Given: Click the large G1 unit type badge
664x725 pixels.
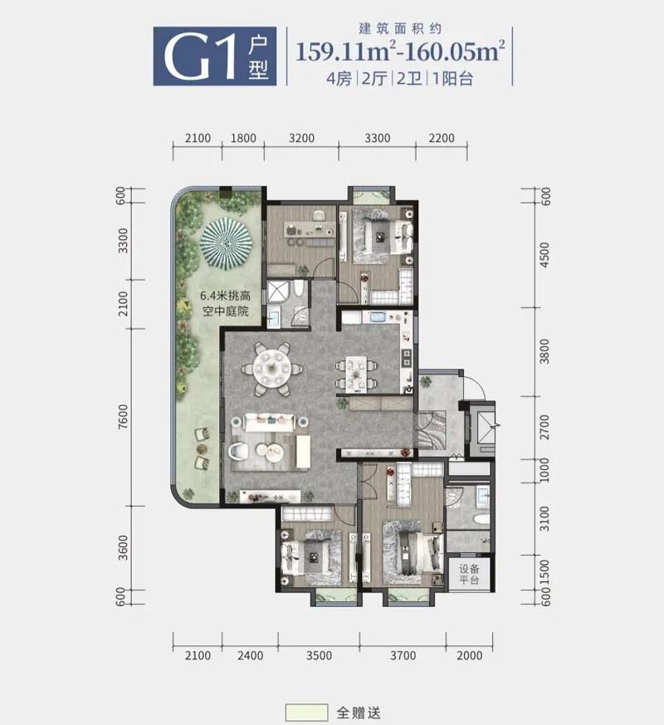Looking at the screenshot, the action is tap(215, 56).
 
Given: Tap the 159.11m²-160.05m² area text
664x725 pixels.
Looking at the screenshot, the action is tap(400, 51).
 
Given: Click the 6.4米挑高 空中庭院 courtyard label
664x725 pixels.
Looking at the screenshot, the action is tap(225, 303).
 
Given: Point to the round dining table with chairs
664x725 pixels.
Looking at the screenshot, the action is tap(272, 368).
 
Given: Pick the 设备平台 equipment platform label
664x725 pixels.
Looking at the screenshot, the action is tap(469, 574).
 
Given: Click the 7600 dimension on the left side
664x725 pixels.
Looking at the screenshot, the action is tap(123, 417).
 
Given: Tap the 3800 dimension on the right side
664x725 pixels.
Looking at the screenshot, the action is tap(544, 351).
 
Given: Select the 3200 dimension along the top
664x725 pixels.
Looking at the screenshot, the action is tap(301, 138).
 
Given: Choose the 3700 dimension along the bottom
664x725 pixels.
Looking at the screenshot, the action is tap(403, 655).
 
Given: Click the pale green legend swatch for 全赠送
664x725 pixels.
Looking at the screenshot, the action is tap(307, 713).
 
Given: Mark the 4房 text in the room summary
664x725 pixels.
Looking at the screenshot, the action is tap(339, 79).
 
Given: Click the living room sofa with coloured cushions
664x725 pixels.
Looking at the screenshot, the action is tap(270, 422).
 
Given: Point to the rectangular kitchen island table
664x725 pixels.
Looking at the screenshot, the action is tap(356, 373).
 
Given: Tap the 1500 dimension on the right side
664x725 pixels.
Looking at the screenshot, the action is tap(544, 571).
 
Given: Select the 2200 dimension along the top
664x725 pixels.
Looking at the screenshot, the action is tap(442, 138).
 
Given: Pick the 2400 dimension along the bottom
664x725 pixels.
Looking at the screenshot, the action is tap(250, 655).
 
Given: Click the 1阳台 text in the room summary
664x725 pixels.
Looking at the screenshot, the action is tap(453, 79).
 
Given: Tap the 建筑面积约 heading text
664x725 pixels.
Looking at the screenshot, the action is tap(400, 29).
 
